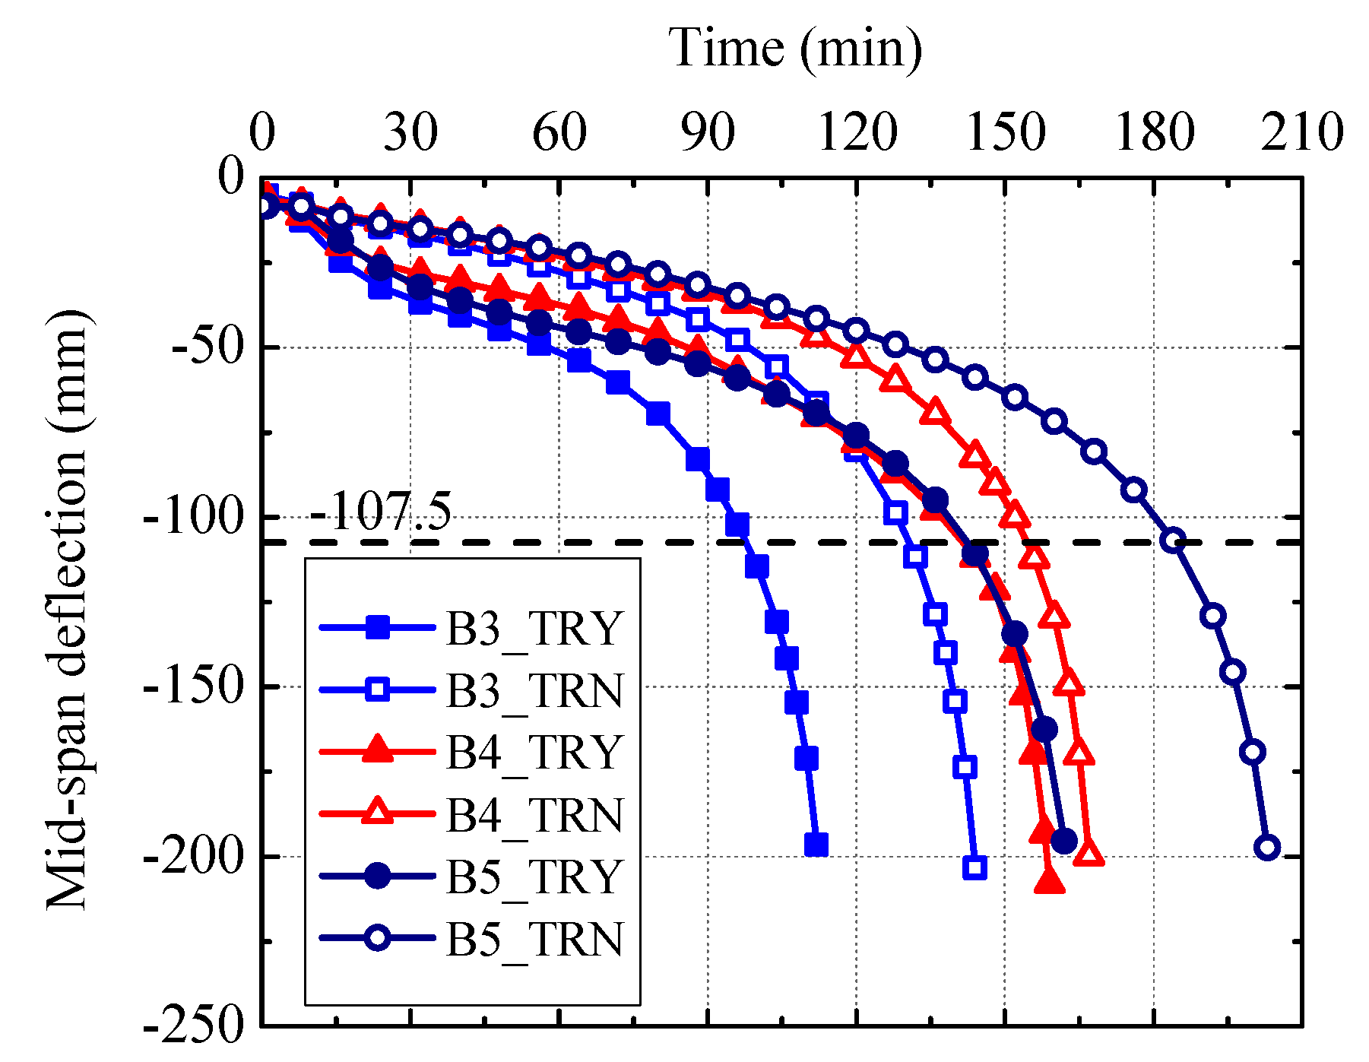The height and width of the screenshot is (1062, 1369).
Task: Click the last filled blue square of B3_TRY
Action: (x=816, y=845)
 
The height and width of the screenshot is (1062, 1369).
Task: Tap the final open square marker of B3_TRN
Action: (x=974, y=867)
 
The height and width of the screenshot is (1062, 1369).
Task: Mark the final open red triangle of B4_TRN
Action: (x=1089, y=854)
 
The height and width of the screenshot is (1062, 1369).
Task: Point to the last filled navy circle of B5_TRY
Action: (x=1063, y=841)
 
